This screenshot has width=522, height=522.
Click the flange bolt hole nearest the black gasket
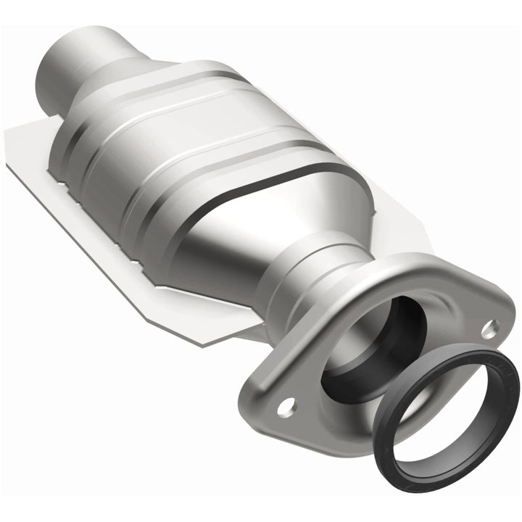pos(490,327)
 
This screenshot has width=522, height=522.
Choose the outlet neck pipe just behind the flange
pos(297,283)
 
